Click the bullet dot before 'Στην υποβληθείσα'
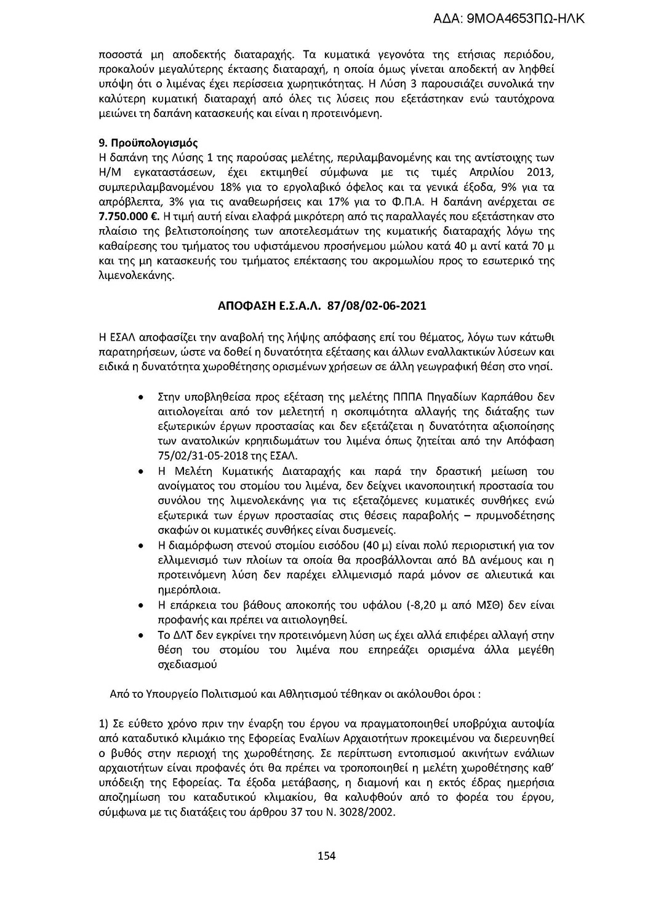pyautogui.click(x=143, y=396)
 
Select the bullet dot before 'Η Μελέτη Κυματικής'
pyautogui.click(x=143, y=472)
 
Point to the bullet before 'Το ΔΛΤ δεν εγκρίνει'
pyautogui.click(x=143, y=634)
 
